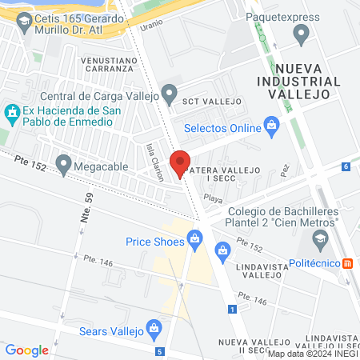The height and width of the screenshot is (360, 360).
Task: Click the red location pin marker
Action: [x=181, y=161]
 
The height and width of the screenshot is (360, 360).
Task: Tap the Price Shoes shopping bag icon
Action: [x=194, y=238]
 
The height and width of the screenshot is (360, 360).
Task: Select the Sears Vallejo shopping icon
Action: [x=155, y=328]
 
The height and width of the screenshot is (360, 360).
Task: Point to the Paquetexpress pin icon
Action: [x=302, y=34]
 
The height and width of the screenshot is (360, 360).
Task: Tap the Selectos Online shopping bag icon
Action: [x=272, y=126]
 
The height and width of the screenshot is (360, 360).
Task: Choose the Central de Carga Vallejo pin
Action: [x=169, y=94]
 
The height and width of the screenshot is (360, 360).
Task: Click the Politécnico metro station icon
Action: [x=348, y=263]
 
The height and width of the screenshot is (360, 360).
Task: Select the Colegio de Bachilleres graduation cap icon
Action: [x=320, y=237]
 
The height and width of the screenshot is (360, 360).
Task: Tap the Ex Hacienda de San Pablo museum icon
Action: [x=12, y=112]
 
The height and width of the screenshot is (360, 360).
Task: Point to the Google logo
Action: [x=27, y=350]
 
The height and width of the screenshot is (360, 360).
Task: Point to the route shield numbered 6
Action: [x=346, y=166]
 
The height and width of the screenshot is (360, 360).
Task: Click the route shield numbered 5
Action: [x=161, y=350]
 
